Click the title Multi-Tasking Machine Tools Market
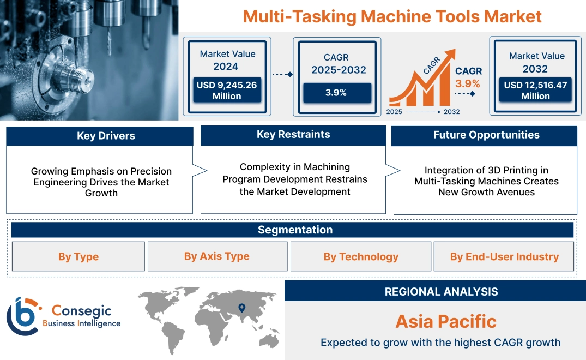(x=392, y=16)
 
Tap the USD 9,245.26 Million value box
(x=227, y=90)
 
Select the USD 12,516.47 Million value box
(x=535, y=90)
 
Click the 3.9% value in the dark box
(x=336, y=92)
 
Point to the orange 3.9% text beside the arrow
(x=468, y=83)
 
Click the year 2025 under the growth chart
(x=395, y=112)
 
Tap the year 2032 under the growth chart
(x=451, y=112)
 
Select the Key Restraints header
(x=293, y=135)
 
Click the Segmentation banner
(x=295, y=230)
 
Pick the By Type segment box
(x=78, y=256)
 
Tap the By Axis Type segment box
(x=217, y=256)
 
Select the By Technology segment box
(x=361, y=256)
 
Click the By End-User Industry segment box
(x=504, y=256)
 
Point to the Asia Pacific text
(x=446, y=321)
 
